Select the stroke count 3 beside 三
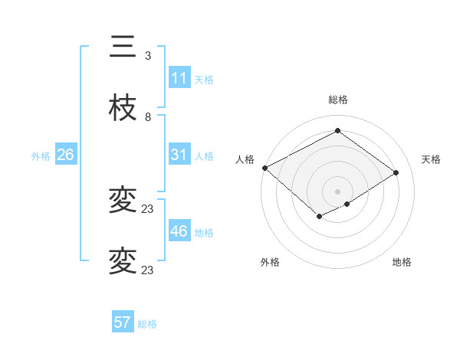tap(148, 55)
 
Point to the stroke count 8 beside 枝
tap(148, 117)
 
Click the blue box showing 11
tap(179, 77)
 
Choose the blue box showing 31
tap(179, 154)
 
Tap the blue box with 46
tap(179, 231)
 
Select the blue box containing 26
tap(66, 155)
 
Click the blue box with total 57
tap(123, 322)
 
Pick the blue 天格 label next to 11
tap(204, 79)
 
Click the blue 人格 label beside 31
tap(204, 155)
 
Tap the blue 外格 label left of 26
tap(41, 155)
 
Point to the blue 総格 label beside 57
tap(147, 324)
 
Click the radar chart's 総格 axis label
tap(338, 100)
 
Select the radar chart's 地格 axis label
tap(402, 262)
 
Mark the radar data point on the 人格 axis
tap(264, 168)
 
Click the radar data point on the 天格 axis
tap(396, 172)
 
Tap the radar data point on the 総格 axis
tap(337, 131)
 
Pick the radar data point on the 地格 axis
tap(347, 204)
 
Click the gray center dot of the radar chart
tap(337, 191)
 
